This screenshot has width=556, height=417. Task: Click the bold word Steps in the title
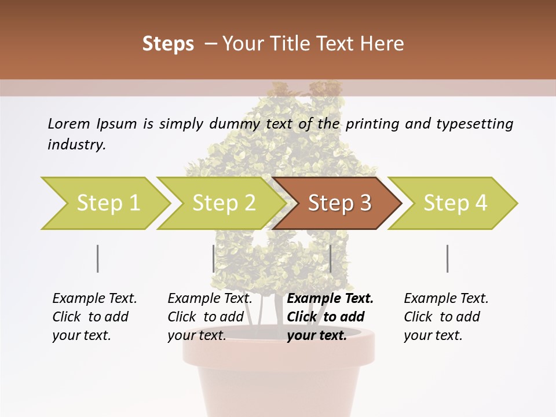tap(168, 44)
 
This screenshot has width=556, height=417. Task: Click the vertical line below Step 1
tap(98, 258)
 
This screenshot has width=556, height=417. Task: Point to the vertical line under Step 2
tap(214, 258)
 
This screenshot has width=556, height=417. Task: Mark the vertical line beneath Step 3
tap(330, 258)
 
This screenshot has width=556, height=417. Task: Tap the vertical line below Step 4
tap(448, 258)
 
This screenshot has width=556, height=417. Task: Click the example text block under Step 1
tap(94, 317)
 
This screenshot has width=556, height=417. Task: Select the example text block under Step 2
tap(210, 317)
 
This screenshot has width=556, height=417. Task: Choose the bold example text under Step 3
tap(330, 317)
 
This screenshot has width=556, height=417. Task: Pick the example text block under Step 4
tap(446, 317)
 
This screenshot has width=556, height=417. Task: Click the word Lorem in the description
tap(69, 123)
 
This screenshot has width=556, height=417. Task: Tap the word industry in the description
tap(76, 145)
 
